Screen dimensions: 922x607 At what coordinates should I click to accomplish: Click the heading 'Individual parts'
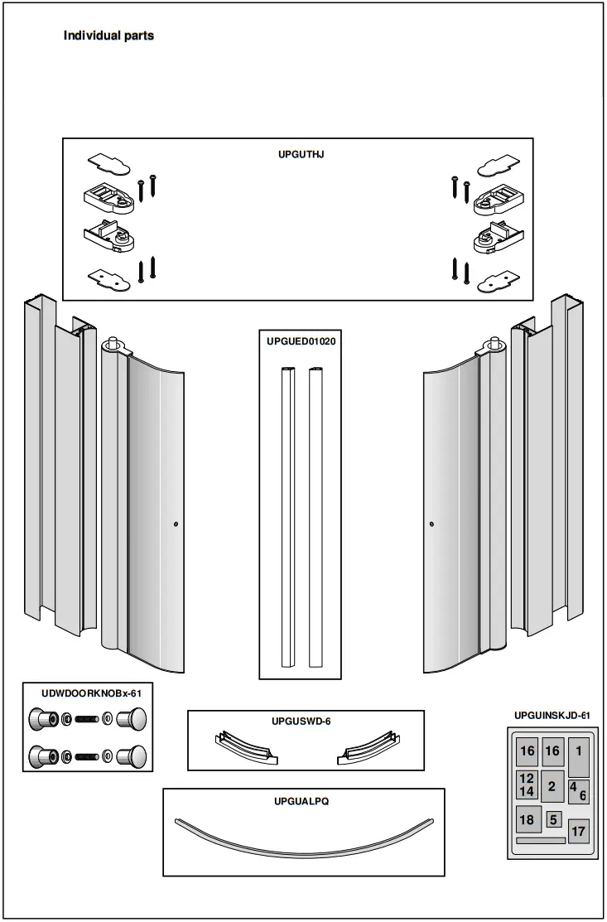pos(108,36)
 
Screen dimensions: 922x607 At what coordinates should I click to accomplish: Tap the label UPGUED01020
pos(301,340)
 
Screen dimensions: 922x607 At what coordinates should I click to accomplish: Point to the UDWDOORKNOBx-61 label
pos(86,693)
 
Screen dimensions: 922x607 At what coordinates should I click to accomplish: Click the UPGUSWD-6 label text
pos(301,722)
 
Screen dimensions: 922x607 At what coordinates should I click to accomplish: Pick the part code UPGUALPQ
pos(301,801)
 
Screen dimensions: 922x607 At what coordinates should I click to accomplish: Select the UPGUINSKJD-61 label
pos(552,714)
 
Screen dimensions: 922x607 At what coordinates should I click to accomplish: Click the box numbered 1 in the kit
pos(578,755)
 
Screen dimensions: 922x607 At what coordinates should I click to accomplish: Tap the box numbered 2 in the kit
pos(552,787)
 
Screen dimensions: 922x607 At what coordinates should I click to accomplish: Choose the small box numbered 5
pos(554,819)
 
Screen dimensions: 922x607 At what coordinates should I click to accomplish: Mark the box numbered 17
pos(578,831)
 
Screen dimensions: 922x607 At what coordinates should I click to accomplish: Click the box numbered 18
pos(528,820)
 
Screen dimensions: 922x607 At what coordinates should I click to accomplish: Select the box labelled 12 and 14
pos(527,785)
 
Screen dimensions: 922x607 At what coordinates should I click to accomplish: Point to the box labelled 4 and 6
pos(578,791)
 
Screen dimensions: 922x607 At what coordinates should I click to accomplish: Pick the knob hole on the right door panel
pos(431,524)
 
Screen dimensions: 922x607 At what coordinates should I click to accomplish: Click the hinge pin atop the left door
pos(112,341)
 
